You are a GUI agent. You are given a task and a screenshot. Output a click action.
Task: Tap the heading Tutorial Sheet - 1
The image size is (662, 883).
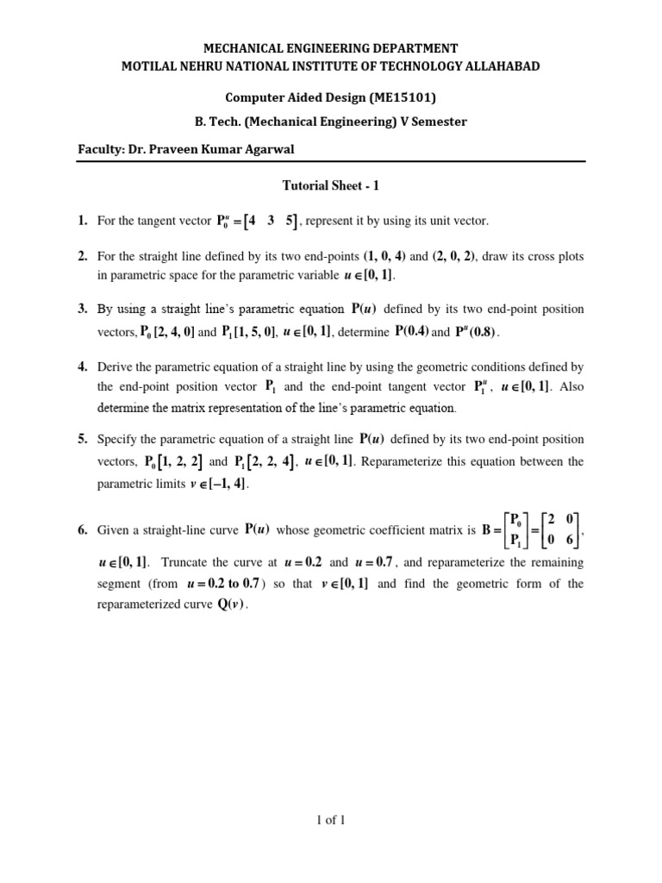[331, 185]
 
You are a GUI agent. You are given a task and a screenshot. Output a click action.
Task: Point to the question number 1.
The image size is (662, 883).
[83, 222]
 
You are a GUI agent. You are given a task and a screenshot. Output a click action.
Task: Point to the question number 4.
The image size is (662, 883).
[83, 366]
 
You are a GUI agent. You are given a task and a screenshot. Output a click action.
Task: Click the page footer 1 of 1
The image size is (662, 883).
[331, 820]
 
